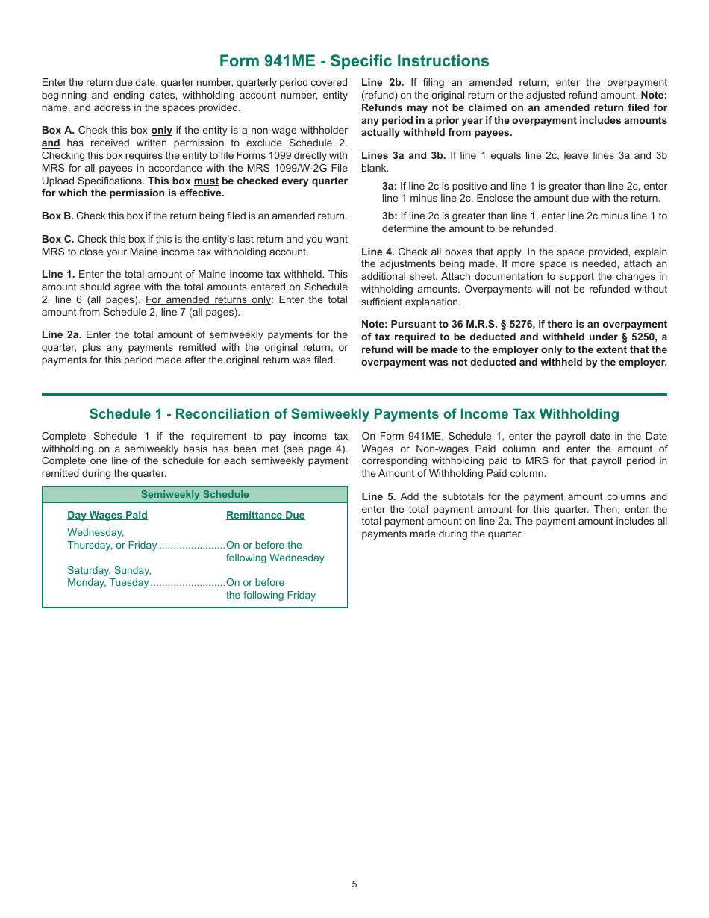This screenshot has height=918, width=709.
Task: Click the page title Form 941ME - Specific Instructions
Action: point(354,60)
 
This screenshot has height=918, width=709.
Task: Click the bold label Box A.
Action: point(57,130)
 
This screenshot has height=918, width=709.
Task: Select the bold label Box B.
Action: point(57,216)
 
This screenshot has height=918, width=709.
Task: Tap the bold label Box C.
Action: point(57,239)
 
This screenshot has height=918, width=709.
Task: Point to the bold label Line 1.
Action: point(57,274)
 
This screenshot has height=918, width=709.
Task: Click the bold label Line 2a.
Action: point(61,334)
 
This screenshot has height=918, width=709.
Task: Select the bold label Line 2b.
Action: point(382,82)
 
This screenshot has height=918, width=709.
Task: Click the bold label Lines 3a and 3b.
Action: point(403,155)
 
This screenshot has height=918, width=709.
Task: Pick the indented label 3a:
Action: point(389,186)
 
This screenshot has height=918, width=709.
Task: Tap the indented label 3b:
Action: point(389,216)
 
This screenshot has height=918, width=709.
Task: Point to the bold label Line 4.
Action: point(378,252)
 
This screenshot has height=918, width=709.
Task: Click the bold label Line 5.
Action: point(378,496)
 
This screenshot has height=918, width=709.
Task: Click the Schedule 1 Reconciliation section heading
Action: point(354,414)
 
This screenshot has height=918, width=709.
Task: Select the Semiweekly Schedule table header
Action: point(195,494)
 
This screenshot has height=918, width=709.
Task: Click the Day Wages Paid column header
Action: point(107,515)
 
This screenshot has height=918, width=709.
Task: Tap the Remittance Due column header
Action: point(265,515)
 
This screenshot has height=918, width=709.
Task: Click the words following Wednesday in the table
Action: point(275,558)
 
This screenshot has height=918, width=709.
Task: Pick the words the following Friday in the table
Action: point(270,595)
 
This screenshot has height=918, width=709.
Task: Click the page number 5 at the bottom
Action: point(354,884)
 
